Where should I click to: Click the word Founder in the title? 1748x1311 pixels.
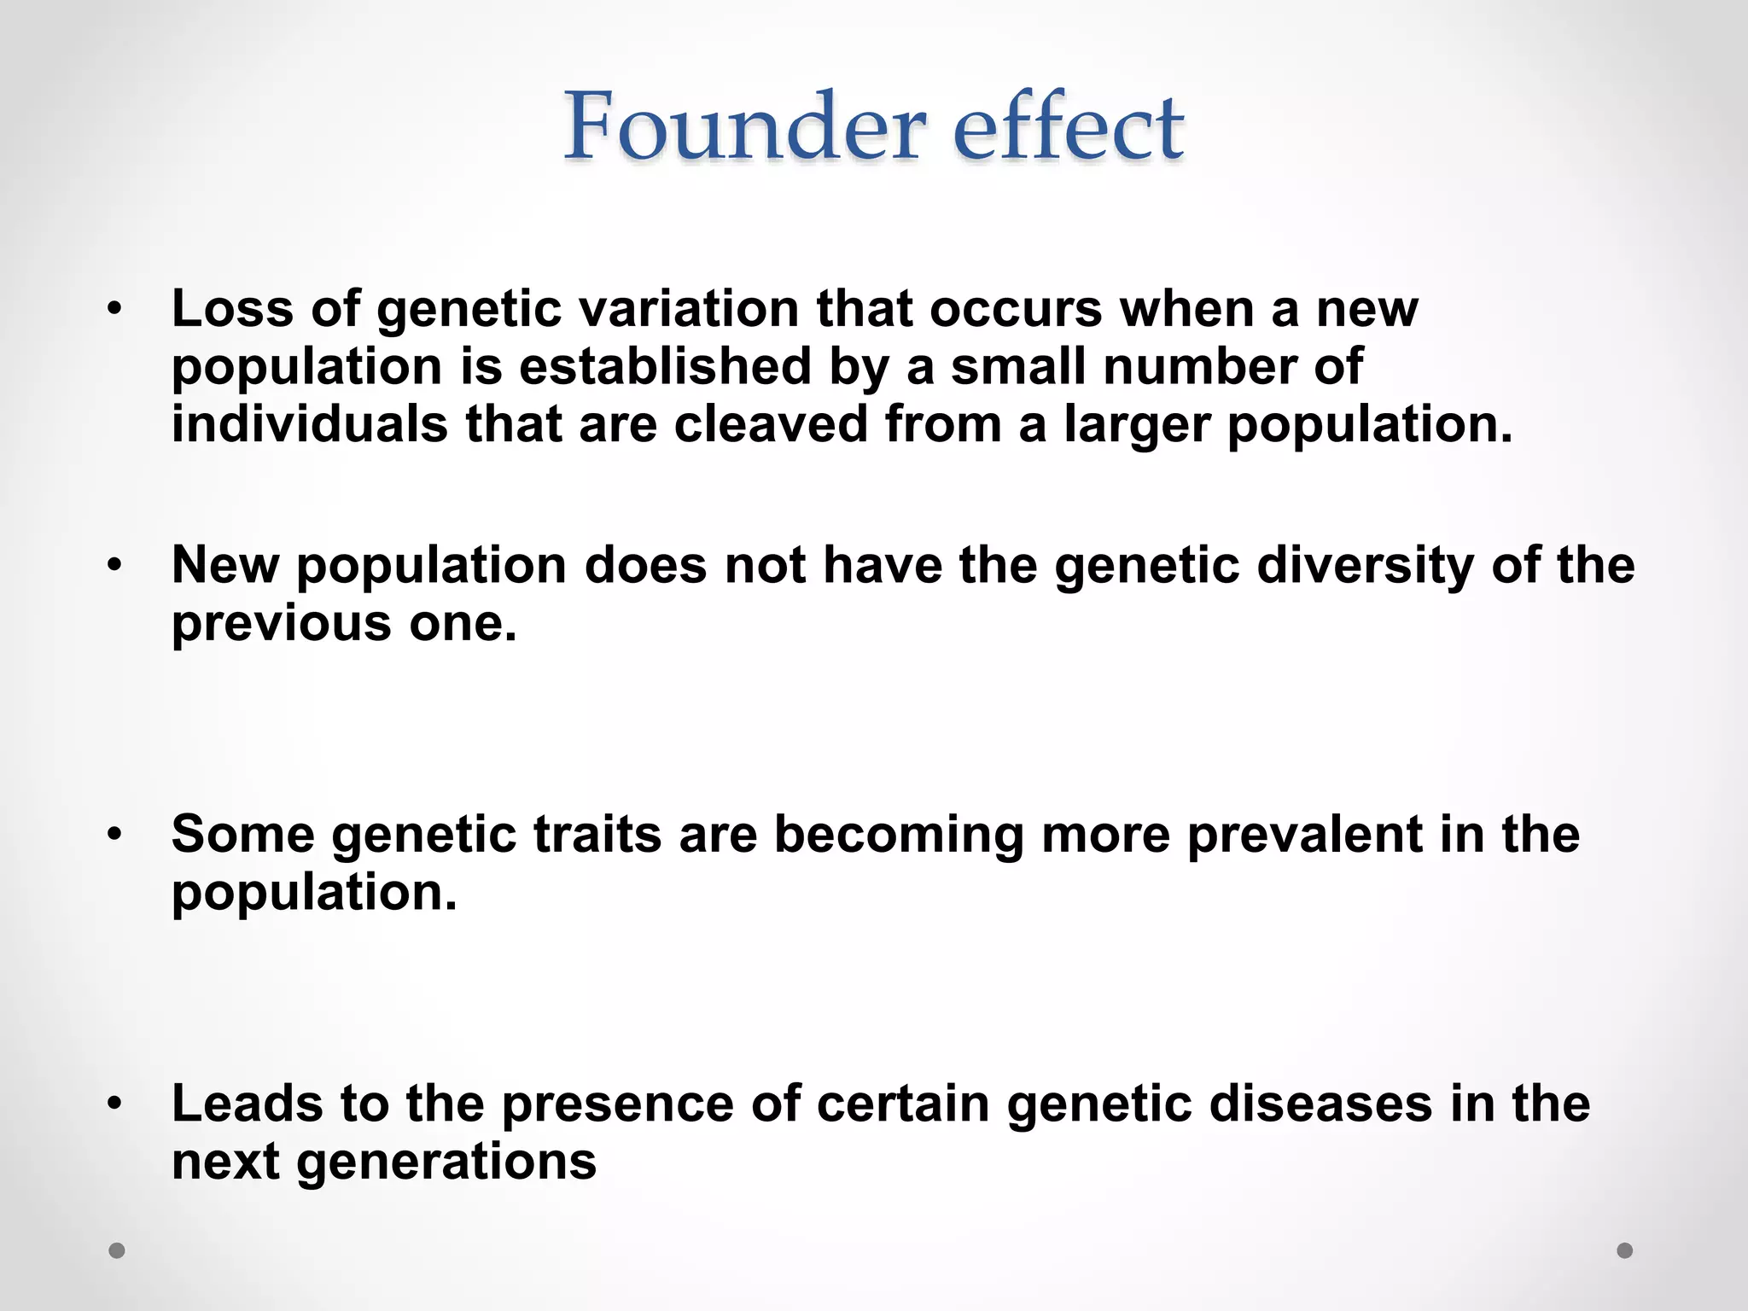point(744,128)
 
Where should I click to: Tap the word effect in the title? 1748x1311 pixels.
point(1068,128)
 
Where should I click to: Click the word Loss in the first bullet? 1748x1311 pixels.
point(232,308)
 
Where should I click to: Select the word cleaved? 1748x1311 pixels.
point(770,424)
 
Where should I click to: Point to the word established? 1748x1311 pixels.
point(664,366)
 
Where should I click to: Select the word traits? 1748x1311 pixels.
point(597,834)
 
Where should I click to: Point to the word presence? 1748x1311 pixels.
point(617,1104)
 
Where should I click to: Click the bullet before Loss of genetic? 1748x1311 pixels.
point(115,308)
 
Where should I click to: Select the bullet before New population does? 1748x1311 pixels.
point(115,565)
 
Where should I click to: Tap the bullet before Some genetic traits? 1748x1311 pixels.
point(115,834)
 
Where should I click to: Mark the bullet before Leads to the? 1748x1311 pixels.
point(115,1104)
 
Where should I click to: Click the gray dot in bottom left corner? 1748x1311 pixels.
point(117,1250)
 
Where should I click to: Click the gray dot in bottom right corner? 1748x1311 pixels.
point(1625,1250)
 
